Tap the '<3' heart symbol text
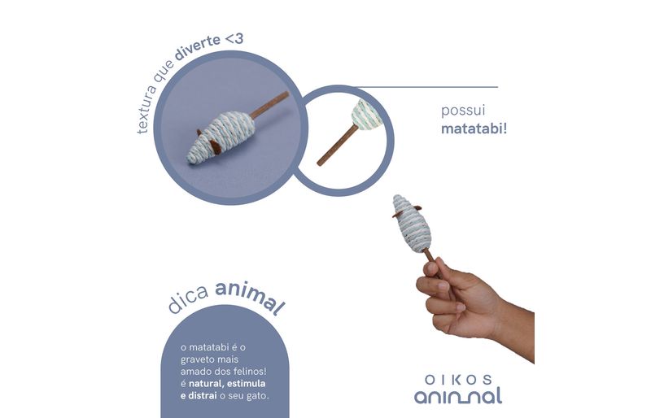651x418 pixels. point(234,38)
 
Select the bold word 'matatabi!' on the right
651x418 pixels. point(474,128)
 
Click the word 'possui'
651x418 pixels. point(463,111)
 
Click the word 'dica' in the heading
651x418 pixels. point(189,300)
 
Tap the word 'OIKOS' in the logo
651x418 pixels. point(458,380)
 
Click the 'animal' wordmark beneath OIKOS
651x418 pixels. point(457,396)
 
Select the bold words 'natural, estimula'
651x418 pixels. point(227,383)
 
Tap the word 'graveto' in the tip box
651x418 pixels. point(197,359)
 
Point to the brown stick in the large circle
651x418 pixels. point(269,105)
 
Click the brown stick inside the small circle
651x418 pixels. point(337,145)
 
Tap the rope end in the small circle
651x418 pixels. point(367,114)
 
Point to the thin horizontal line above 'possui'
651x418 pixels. point(425,87)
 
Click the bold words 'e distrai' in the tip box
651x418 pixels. point(199,395)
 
